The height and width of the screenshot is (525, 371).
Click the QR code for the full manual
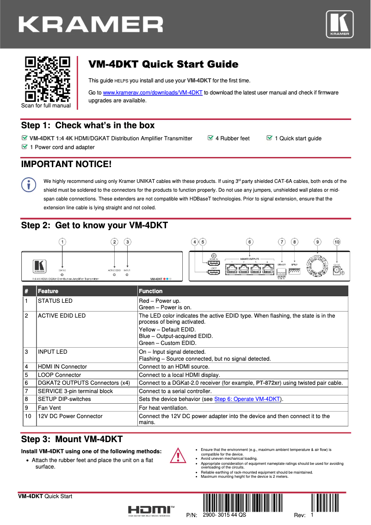47,79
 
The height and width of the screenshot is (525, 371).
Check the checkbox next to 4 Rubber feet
210,138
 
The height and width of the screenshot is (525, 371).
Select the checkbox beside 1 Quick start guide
270,138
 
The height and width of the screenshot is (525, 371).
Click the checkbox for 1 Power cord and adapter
25,147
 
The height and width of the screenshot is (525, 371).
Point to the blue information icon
29,184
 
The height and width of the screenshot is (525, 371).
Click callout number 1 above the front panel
62,242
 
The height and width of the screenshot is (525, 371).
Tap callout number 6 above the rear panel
249,242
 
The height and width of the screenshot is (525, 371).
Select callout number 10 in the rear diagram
337,242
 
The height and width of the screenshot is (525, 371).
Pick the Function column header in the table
151,291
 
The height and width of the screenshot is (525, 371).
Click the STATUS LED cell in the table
55,301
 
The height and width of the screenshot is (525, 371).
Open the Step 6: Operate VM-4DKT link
248,399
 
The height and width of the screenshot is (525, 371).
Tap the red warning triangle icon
178,456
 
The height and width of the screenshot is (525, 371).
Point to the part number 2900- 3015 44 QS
224,515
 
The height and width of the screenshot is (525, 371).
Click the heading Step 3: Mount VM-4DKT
72,439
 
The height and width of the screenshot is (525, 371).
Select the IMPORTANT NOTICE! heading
66,164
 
